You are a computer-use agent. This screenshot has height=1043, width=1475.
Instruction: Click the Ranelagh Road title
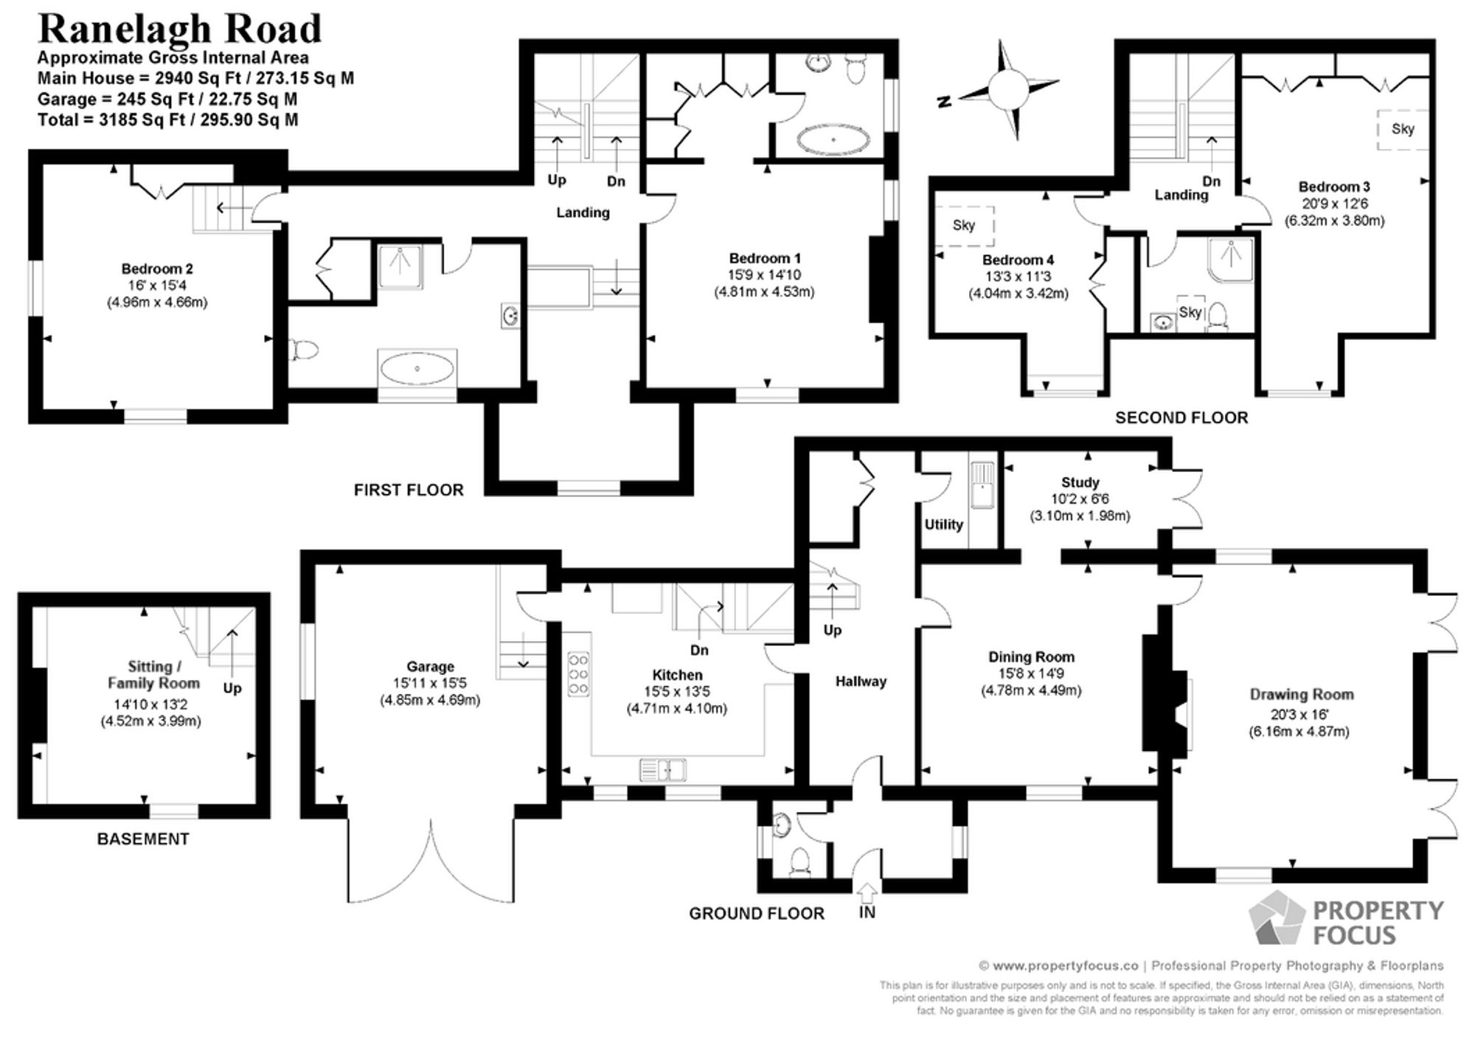(179, 30)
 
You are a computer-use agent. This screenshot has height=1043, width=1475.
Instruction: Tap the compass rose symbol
(1008, 90)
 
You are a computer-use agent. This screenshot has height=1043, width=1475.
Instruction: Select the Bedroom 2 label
(157, 269)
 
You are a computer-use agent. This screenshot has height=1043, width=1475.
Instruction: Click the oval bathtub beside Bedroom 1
(833, 139)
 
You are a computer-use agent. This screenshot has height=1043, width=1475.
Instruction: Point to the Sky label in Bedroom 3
(1403, 129)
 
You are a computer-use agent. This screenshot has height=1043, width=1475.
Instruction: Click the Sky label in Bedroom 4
(964, 226)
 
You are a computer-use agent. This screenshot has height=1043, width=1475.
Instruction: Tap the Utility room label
(943, 524)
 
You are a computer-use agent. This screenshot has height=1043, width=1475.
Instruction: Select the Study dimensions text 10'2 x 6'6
(1080, 499)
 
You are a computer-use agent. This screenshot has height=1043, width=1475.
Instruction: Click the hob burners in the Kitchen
(579, 673)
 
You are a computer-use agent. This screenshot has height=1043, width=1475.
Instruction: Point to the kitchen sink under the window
(662, 770)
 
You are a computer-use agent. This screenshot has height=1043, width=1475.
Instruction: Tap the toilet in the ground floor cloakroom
(798, 862)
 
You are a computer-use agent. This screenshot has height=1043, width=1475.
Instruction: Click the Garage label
(430, 667)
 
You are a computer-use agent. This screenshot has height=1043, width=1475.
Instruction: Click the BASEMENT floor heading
(143, 839)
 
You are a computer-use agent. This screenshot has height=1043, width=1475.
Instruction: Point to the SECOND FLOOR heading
(1181, 418)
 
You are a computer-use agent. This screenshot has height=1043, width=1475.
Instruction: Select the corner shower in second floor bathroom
(1231, 260)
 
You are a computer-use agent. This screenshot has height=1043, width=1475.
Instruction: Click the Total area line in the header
(167, 120)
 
